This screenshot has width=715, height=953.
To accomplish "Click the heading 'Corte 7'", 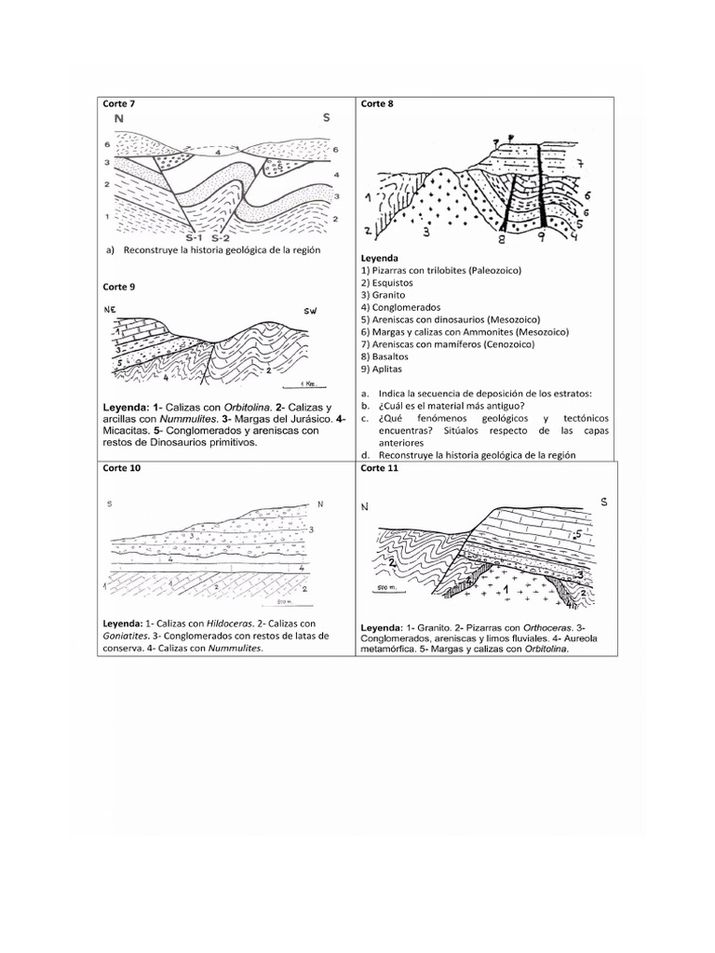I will click(118, 103).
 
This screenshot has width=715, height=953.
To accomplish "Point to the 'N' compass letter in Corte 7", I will click(118, 119).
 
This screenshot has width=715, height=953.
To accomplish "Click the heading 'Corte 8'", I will click(377, 103).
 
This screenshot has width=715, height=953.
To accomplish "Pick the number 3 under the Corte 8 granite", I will click(425, 232).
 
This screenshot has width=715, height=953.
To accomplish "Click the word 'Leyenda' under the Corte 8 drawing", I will click(379, 258).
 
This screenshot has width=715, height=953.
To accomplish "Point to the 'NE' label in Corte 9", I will click(112, 309).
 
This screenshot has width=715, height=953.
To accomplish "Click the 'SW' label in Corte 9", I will click(310, 310).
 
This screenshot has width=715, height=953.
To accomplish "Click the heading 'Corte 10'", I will click(121, 468).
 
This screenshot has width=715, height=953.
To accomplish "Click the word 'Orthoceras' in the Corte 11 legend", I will click(526, 627).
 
